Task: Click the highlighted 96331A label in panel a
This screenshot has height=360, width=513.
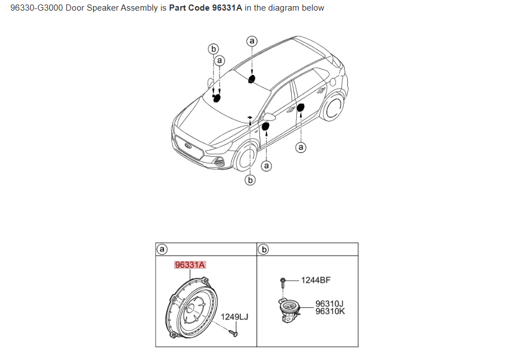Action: click(190, 264)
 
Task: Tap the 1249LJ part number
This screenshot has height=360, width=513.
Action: click(234, 317)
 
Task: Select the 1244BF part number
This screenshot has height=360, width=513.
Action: click(316, 279)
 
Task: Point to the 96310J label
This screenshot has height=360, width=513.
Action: click(330, 304)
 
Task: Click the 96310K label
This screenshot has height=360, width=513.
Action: click(330, 311)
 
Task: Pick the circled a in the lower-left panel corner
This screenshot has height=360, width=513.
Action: click(162, 249)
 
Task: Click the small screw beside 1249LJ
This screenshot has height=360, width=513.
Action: click(235, 333)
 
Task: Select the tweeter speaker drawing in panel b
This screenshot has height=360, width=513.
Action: click(288, 311)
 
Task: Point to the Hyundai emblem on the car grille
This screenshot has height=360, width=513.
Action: click(188, 147)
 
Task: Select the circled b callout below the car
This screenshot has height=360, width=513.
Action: click(250, 180)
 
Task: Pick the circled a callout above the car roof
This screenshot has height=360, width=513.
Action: click(252, 41)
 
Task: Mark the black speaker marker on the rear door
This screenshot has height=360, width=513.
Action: click(300, 107)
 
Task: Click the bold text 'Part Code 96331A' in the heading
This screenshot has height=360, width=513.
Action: click(206, 8)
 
